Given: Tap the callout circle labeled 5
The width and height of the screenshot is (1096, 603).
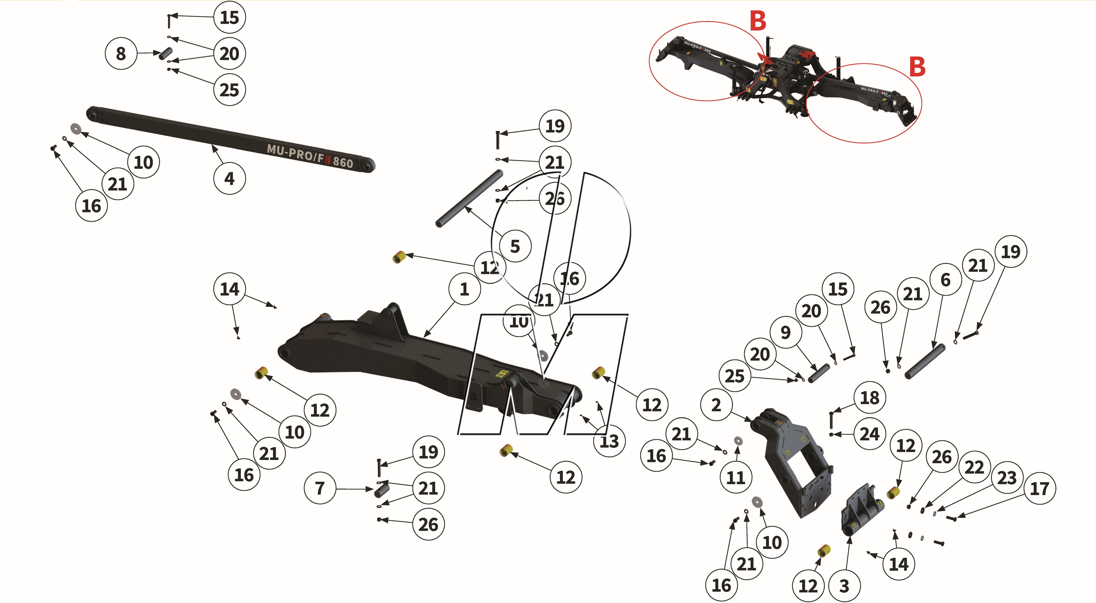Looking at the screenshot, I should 515,246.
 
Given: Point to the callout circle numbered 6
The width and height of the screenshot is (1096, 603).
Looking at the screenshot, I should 945,280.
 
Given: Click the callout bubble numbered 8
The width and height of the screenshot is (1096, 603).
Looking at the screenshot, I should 121,54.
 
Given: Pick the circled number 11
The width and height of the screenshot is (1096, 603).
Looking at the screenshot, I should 736,477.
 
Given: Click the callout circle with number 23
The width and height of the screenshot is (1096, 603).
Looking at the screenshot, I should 1007,477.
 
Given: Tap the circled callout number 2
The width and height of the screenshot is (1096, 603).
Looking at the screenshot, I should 716,405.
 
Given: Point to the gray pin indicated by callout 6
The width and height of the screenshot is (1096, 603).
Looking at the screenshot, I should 924,361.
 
